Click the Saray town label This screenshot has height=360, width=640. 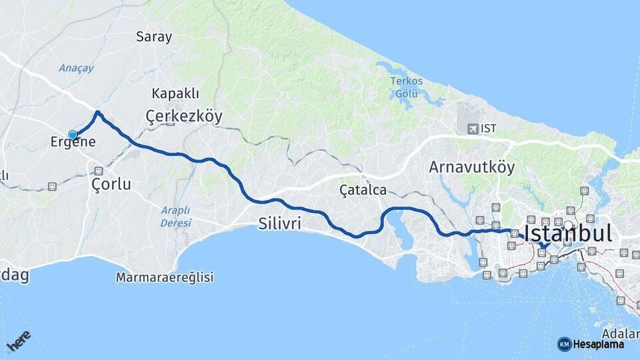point(154,37)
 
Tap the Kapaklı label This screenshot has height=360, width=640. point(175,93)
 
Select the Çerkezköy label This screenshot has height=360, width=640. point(184,116)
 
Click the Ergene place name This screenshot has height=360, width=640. point(73,142)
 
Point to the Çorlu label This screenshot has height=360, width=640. point(111,184)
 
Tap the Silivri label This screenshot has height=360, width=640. point(279,225)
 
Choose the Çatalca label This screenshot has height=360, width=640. point(363,190)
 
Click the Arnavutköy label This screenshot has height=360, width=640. point(472,167)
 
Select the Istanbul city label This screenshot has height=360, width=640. point(567,233)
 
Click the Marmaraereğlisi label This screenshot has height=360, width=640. point(165,277)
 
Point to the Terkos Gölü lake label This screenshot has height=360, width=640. point(405,87)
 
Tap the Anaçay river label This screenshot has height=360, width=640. point(76,68)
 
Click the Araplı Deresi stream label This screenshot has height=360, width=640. point(175,217)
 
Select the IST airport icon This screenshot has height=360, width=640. point(473,128)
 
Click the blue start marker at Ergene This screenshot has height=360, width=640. point(73,135)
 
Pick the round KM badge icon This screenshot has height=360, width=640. point(564,344)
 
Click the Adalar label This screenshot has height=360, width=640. point(620,333)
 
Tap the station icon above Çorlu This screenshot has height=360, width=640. point(99,170)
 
